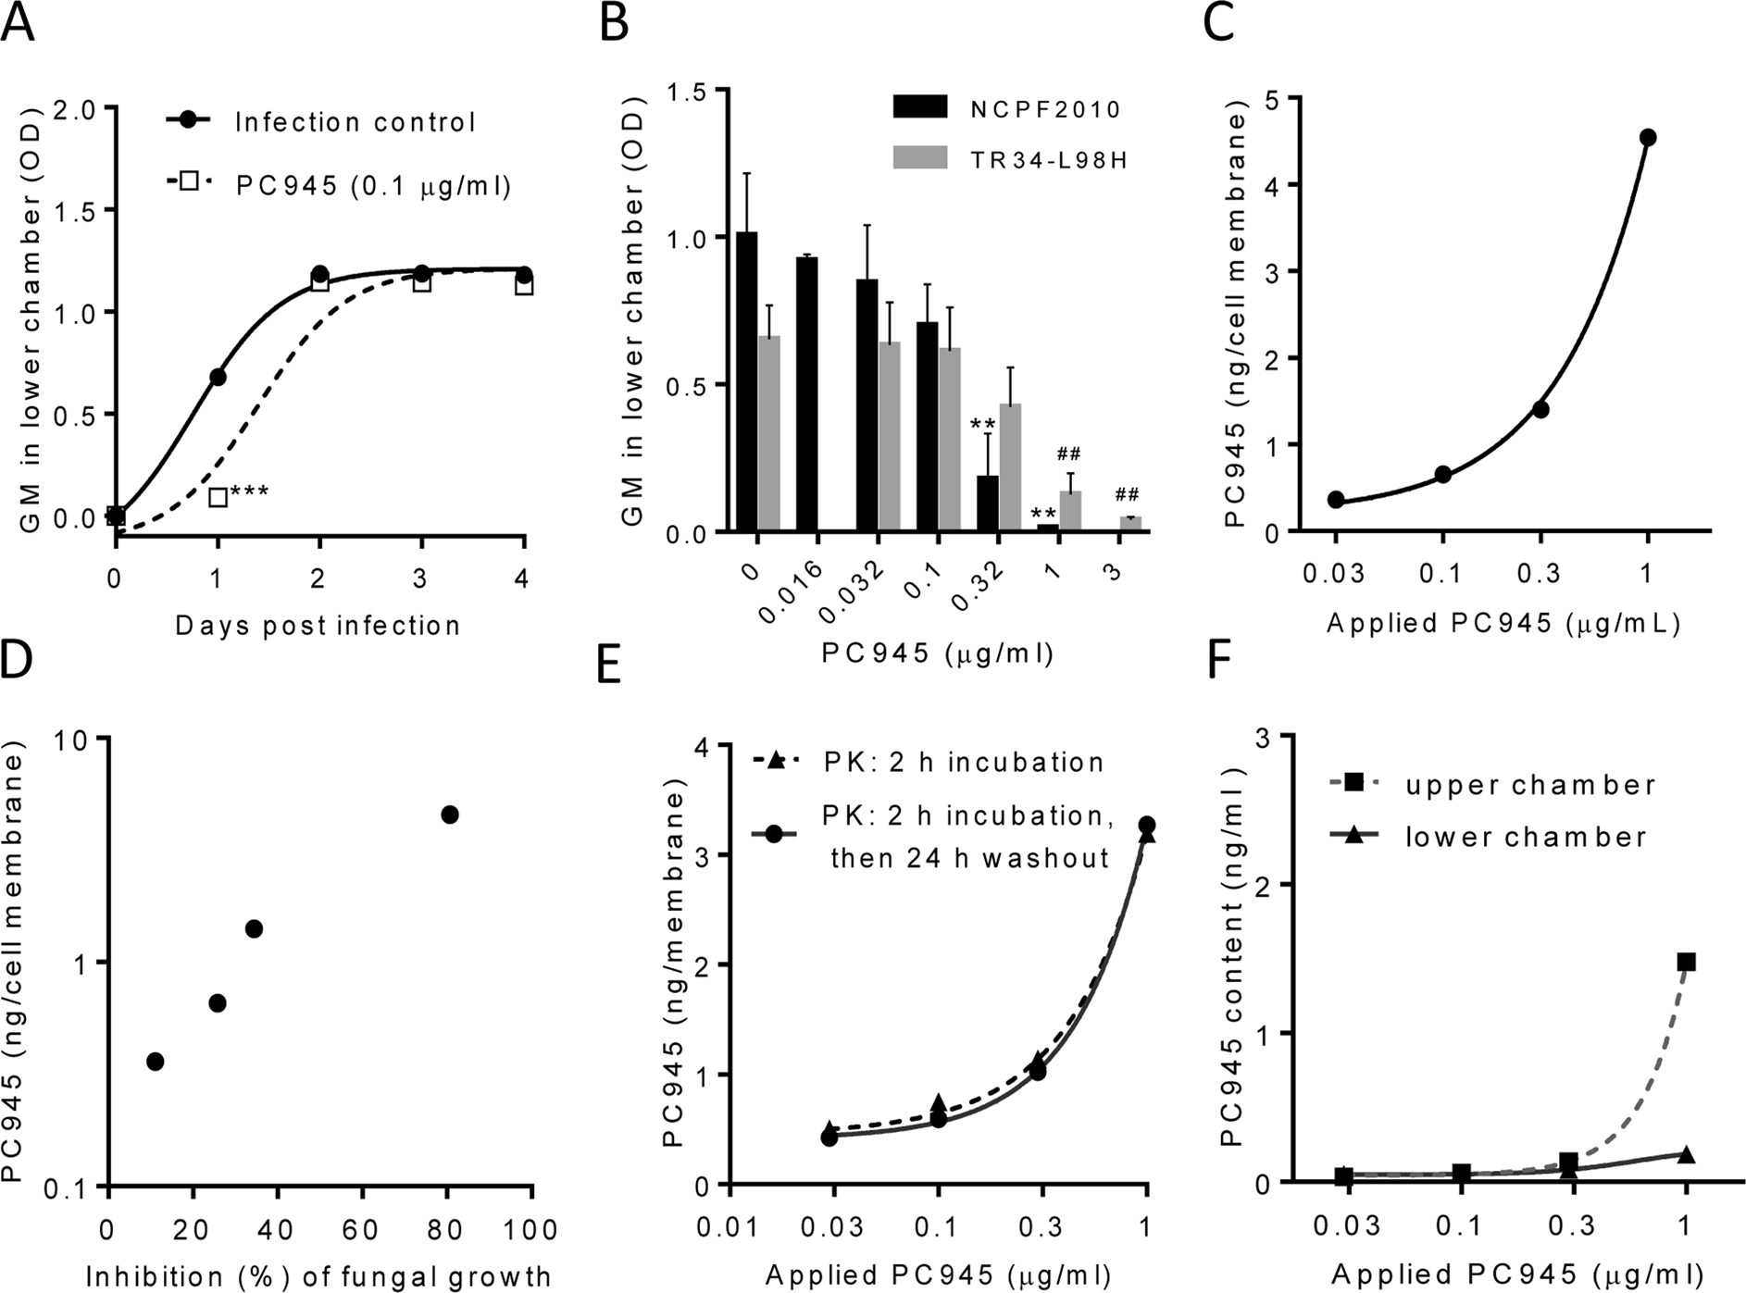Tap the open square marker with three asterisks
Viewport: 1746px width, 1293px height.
click(x=218, y=498)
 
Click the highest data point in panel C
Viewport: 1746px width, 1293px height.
click(x=1647, y=138)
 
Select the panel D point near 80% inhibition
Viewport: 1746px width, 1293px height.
click(x=450, y=814)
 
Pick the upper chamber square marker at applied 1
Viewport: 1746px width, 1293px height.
click(x=1686, y=963)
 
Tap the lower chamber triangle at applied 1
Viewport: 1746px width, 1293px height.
click(x=1686, y=1154)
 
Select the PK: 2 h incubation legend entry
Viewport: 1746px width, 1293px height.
click(x=963, y=762)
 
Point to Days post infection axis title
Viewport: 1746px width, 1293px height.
click(x=318, y=627)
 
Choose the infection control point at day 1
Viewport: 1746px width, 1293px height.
click(x=218, y=377)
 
